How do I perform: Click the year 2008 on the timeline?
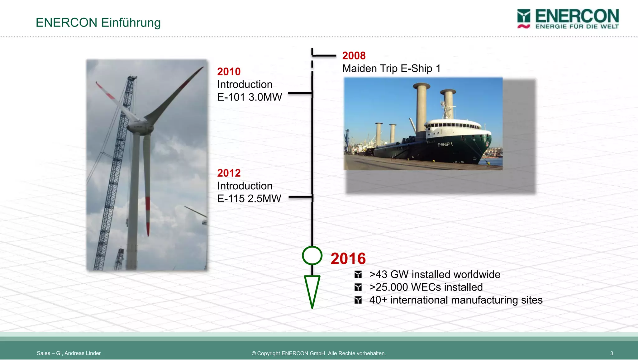[354, 56]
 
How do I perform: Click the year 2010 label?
[229, 72]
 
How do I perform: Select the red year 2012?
[229, 173]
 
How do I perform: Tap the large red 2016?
[348, 258]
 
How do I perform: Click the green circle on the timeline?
[312, 256]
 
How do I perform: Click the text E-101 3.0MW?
[249, 97]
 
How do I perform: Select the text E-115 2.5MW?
[249, 199]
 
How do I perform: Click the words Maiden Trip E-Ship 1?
[391, 69]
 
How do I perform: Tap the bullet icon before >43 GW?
[358, 275]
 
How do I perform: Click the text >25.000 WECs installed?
[426, 287]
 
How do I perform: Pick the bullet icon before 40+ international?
[358, 300]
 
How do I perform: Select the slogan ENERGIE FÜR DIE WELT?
[577, 26]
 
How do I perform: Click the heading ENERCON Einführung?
[98, 23]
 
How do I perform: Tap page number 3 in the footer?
[612, 353]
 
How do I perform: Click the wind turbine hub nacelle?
[139, 127]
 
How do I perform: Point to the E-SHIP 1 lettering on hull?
[445, 144]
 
